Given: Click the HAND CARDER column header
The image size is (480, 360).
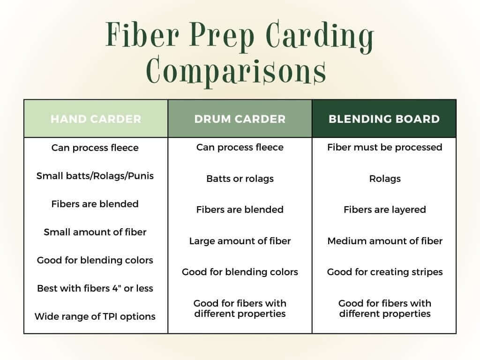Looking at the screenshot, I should pyautogui.click(x=96, y=119).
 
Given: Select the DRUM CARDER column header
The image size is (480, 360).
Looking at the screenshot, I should pyautogui.click(x=240, y=119).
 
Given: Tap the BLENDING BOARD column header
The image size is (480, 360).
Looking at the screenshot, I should pyautogui.click(x=384, y=119).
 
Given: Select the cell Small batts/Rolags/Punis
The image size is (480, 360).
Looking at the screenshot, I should pyautogui.click(x=95, y=176).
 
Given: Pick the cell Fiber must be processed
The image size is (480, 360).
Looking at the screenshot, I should pyautogui.click(x=384, y=147).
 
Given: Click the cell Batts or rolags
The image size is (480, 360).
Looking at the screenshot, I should pyautogui.click(x=240, y=179).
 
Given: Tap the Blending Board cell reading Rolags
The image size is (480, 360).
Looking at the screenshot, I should pyautogui.click(x=384, y=179).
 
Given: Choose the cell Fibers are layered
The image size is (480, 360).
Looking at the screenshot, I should pyautogui.click(x=384, y=210).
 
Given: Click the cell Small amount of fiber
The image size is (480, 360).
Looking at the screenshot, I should pyautogui.click(x=95, y=232).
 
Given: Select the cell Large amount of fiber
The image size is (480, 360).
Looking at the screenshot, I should pyautogui.click(x=240, y=241).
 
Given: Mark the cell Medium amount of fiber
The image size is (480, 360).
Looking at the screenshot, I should pyautogui.click(x=384, y=241).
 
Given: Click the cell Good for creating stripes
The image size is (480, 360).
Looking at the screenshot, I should pyautogui.click(x=384, y=272).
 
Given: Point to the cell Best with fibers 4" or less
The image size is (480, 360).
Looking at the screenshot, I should pyautogui.click(x=95, y=288).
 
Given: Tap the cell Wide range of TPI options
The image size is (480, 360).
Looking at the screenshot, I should pyautogui.click(x=95, y=316).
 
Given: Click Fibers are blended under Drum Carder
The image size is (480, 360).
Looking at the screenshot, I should pyautogui.click(x=240, y=210).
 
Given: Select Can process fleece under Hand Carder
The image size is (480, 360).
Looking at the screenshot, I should pyautogui.click(x=95, y=148).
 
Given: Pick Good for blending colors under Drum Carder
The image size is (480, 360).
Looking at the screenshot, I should pyautogui.click(x=240, y=272).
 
